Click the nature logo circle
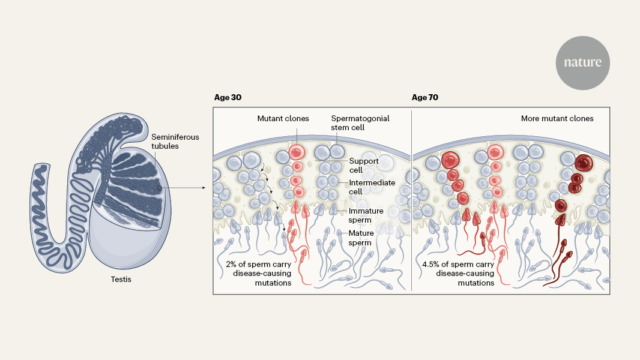click(x=582, y=62)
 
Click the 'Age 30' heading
click(x=228, y=97)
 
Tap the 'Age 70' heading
click(x=426, y=97)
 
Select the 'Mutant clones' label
click(x=283, y=119)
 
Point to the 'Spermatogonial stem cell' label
click(x=360, y=123)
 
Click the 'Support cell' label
click(x=363, y=166)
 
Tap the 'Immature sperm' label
click(x=366, y=215)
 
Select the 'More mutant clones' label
click(x=557, y=119)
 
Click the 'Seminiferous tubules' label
click(x=175, y=142)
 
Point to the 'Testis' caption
click(x=121, y=279)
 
